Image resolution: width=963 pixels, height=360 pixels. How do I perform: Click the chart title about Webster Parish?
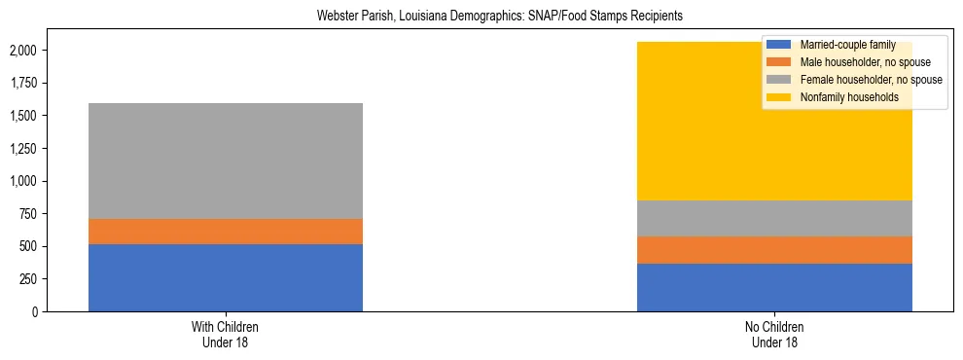481,17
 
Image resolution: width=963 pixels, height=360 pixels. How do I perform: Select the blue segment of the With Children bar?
225,277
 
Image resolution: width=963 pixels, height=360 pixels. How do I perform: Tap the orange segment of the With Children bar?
225,232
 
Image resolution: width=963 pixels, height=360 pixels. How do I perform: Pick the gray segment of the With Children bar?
225,161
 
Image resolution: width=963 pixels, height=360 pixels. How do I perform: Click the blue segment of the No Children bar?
774,287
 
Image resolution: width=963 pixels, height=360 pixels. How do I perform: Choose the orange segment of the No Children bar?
774,250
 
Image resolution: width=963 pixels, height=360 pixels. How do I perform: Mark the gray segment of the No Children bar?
774,218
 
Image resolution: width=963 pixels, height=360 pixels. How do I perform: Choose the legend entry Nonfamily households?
842,97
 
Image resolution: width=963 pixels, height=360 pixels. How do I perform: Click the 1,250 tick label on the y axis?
25,149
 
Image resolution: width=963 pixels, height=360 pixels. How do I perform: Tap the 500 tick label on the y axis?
31,246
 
